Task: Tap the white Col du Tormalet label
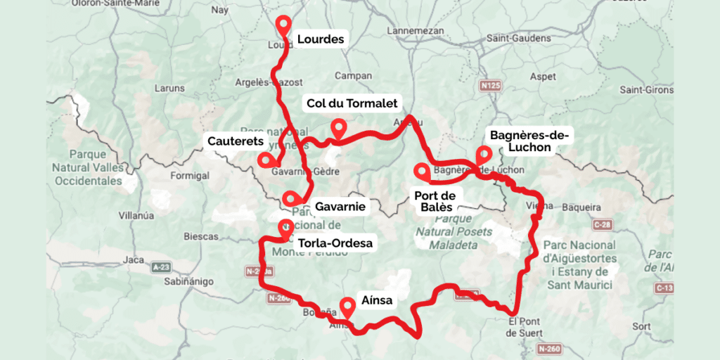pos(352,103)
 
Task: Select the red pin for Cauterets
pos(265,159)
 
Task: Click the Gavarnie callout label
pos(340,207)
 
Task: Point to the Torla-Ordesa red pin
pos(285,227)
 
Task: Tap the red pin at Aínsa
pos(347,307)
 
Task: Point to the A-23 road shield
pos(161,267)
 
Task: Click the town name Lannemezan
pos(416,31)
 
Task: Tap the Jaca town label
pos(133,259)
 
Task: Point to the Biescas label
pos(201,236)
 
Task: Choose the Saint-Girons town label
pos(645,89)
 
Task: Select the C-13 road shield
pos(664,288)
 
